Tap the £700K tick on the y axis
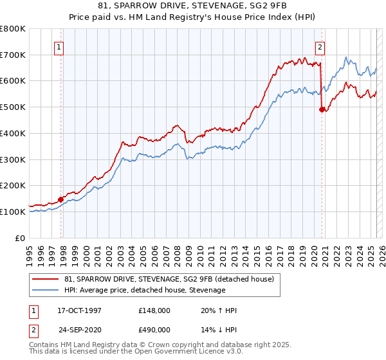pos(13,55)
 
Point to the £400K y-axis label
pos(13,133)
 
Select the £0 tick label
pos(21,238)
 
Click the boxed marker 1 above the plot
pos(59,46)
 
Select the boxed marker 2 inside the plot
pos(320,46)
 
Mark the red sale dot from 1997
pos(61,199)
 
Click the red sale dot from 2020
pos(322,110)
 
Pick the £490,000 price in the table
pos(154,329)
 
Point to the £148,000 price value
pos(154,310)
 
